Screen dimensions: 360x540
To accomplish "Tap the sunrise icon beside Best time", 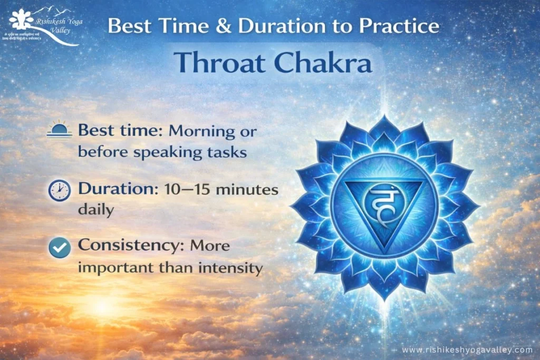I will tap(59, 131).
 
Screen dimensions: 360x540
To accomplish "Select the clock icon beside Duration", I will tap(59, 190).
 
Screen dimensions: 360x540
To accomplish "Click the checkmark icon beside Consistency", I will tap(59, 247).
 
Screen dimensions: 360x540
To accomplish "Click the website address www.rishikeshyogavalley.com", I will tap(467, 350).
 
